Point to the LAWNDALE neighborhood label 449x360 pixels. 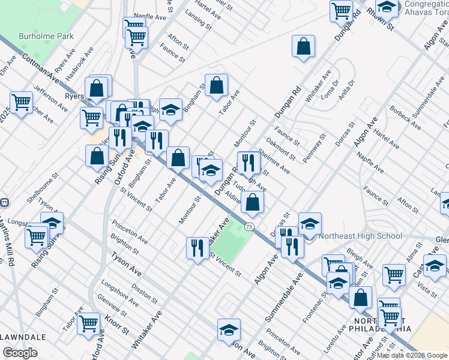click(23, 337)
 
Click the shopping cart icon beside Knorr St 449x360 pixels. click(88, 323)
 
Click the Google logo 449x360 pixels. click(20, 353)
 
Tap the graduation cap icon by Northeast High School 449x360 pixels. click(310, 224)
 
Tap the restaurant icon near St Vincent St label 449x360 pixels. click(197, 248)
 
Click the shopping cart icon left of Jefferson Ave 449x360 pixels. click(22, 103)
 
